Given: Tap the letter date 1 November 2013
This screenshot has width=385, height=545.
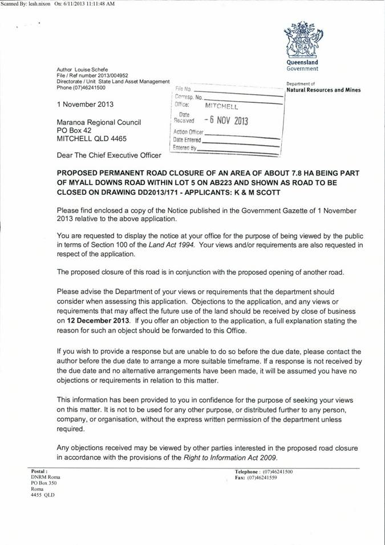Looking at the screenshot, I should click(x=85, y=104).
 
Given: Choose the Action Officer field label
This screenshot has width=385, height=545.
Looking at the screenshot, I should click(x=188, y=132).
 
